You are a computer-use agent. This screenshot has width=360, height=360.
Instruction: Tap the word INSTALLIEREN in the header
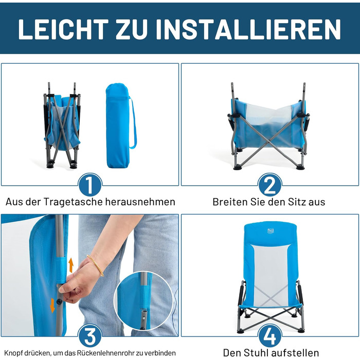coord(248,29)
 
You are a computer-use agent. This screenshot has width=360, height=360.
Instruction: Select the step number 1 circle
coord(90,185)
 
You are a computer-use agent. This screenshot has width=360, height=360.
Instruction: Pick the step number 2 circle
coord(270,185)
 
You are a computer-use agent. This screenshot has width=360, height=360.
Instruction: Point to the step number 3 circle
coord(90,336)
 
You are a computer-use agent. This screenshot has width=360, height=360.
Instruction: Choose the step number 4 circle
coord(270,336)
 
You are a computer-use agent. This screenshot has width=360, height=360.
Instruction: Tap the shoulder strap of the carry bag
coord(134,123)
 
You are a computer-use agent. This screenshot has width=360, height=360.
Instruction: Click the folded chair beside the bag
coord(62,125)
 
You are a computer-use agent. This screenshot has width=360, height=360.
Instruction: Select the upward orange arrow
coord(71,265)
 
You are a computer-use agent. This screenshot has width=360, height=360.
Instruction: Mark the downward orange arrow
coord(52,305)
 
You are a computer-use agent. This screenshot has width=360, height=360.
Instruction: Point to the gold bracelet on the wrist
coord(95,265)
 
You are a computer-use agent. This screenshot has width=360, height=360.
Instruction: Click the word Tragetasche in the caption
coord(73,202)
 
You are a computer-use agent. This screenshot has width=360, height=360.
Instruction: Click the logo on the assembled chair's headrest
coord(271,231)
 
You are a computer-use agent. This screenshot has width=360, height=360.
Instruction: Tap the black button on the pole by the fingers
coord(60,302)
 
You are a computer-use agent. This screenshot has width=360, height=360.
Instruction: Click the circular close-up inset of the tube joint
coord(143,301)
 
